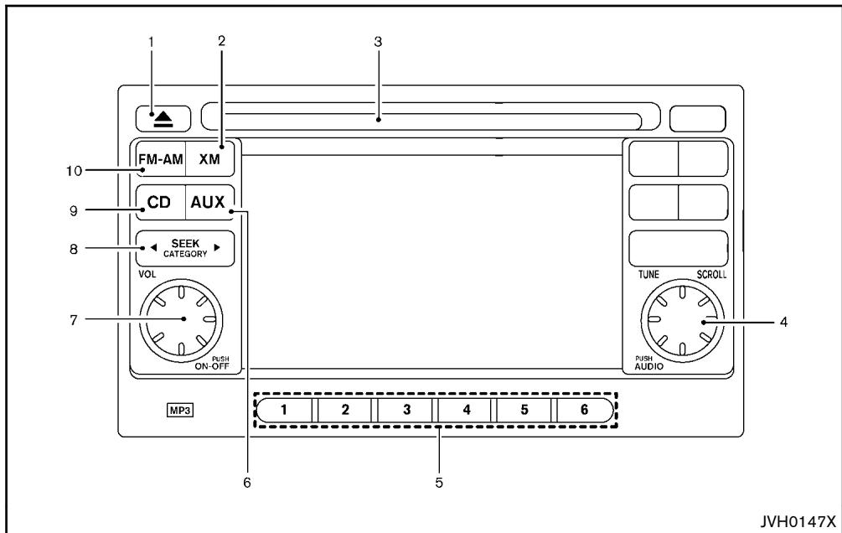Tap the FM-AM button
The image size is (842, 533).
pos(161,159)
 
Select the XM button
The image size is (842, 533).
pos(210,159)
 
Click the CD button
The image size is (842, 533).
pos(161,203)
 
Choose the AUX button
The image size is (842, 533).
pos(210,203)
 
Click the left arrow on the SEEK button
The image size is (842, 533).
pos(153,248)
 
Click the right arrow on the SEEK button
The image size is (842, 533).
pos(217,248)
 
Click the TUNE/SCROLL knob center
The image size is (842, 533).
pos(681,320)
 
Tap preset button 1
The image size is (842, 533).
pos(285,411)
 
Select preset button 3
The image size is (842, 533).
pos(406,411)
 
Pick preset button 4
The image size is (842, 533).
pos(466,411)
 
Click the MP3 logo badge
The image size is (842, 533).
pos(180,411)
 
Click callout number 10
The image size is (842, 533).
pos(74,171)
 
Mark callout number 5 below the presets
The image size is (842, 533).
pos(439,483)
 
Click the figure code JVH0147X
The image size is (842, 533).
pos(798,521)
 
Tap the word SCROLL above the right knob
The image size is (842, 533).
pos(711,275)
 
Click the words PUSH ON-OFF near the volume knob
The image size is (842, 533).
pos(213,363)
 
